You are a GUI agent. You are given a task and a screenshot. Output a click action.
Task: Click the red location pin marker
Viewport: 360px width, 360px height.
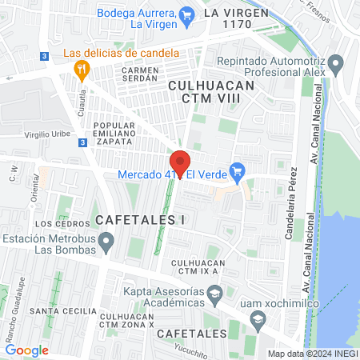click(x=180, y=163)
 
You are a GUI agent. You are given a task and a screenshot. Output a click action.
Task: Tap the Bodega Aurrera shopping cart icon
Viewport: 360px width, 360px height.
click(x=186, y=14)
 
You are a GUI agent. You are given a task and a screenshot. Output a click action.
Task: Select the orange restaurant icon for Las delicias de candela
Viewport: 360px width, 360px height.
click(x=79, y=69)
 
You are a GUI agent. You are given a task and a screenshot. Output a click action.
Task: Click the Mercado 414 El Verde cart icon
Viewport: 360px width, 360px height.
click(x=236, y=170)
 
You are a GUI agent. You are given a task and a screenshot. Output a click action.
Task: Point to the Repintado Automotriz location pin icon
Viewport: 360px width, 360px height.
click(x=336, y=63)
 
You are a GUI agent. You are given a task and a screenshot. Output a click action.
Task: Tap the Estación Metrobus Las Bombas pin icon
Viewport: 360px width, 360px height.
click(x=111, y=238)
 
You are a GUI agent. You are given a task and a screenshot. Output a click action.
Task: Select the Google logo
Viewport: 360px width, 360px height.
click(x=26, y=350)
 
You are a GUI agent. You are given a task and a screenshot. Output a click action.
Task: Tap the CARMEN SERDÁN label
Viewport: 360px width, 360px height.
click(x=142, y=74)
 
